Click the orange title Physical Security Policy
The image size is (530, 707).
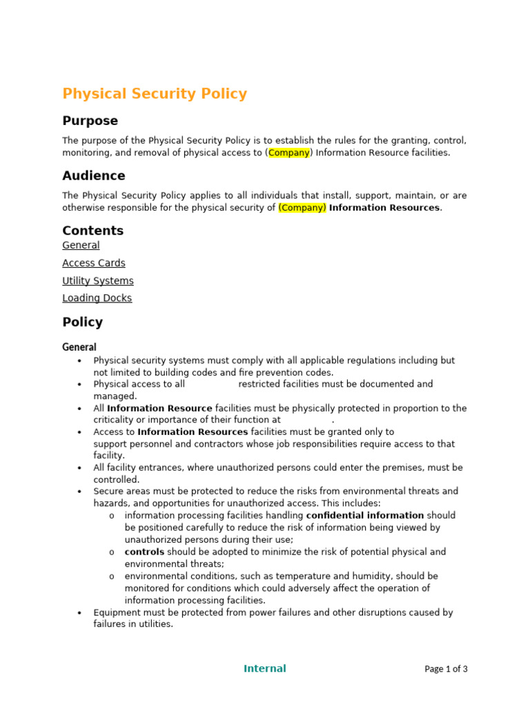click(x=155, y=94)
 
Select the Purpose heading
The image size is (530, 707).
click(x=90, y=121)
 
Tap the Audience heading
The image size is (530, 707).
click(x=94, y=175)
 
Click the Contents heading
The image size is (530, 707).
click(x=93, y=231)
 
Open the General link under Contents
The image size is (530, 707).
click(x=81, y=245)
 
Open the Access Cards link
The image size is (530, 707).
click(x=94, y=263)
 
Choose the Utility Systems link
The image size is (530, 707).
click(x=98, y=281)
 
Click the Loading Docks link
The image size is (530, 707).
click(x=97, y=298)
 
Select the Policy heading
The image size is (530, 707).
click(x=82, y=322)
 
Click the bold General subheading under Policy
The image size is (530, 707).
click(x=79, y=347)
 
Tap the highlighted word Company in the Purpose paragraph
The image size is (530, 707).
click(x=288, y=153)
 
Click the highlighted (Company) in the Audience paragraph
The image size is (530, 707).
click(x=302, y=207)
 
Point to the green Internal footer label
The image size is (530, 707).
click(x=264, y=668)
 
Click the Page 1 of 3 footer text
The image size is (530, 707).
click(x=446, y=669)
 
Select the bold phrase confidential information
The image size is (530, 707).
click(x=364, y=516)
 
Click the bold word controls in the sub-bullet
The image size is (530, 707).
click(x=144, y=552)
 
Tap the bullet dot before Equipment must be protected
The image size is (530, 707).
click(x=80, y=613)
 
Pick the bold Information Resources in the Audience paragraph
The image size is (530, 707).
click(x=384, y=207)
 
